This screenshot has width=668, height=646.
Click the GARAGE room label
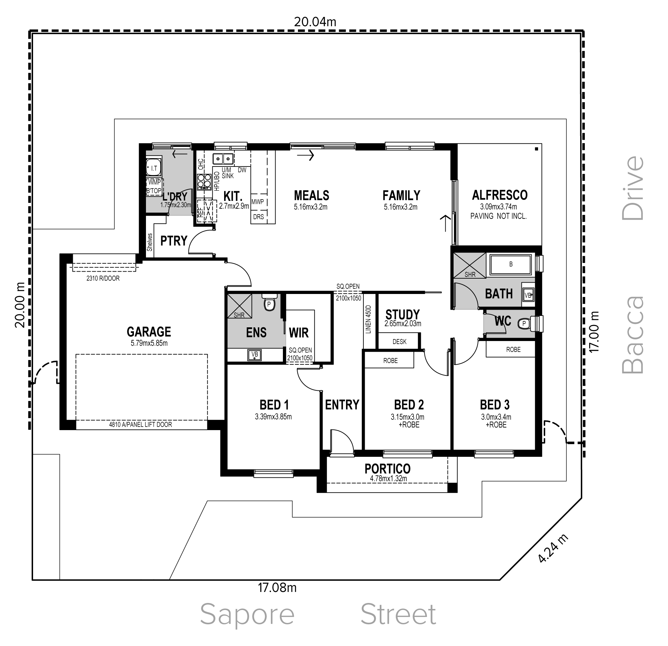[x=149, y=332]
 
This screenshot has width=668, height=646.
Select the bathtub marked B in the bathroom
[x=511, y=264]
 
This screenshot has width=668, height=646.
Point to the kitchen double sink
[x=223, y=159]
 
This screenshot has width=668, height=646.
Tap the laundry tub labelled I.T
[x=153, y=168]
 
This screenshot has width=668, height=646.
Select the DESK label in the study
[x=399, y=342]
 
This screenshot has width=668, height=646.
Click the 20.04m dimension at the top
[x=315, y=22]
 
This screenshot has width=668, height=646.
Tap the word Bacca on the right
[x=633, y=335]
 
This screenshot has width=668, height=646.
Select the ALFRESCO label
[x=500, y=195]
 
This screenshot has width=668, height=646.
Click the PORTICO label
[x=387, y=469]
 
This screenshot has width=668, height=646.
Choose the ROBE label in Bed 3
[x=513, y=350]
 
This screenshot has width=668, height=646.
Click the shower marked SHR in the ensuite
[x=239, y=306]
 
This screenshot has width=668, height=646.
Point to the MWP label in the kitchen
[x=258, y=202]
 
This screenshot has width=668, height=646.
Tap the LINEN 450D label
[x=368, y=319]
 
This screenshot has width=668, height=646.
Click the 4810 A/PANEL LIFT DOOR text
[x=140, y=425]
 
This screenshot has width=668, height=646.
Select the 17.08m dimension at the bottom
[x=277, y=588]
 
